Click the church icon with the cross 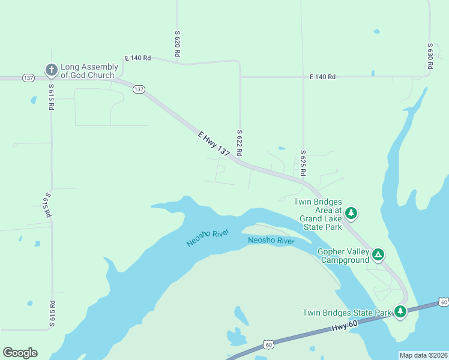click(x=51, y=71)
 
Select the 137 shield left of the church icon click(x=28, y=78)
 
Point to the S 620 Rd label click(x=178, y=44)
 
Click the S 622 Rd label click(x=239, y=143)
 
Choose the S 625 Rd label click(x=303, y=163)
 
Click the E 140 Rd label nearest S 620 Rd click(x=137, y=58)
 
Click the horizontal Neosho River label click(x=271, y=241)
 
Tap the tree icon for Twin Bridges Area click(x=352, y=212)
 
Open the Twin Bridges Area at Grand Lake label click(x=318, y=215)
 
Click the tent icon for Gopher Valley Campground click(x=378, y=254)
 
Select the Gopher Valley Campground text click(x=343, y=255)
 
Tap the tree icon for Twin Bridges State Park click(x=400, y=311)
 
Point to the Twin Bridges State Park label click(x=346, y=313)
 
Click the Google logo click(x=20, y=353)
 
